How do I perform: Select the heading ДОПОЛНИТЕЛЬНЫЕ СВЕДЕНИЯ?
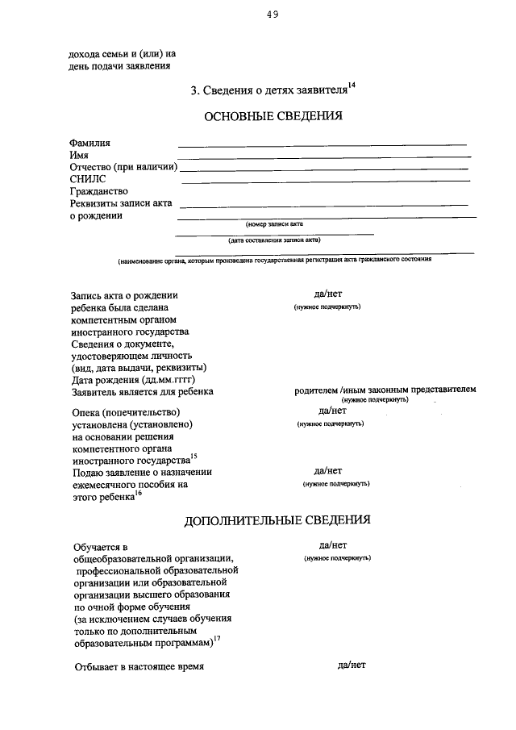pos(277,519)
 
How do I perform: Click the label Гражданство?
pos(99,192)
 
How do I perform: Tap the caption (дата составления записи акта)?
pos(274,240)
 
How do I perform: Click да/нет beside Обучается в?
pos(333,545)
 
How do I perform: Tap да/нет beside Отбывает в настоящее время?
pos(352,665)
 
